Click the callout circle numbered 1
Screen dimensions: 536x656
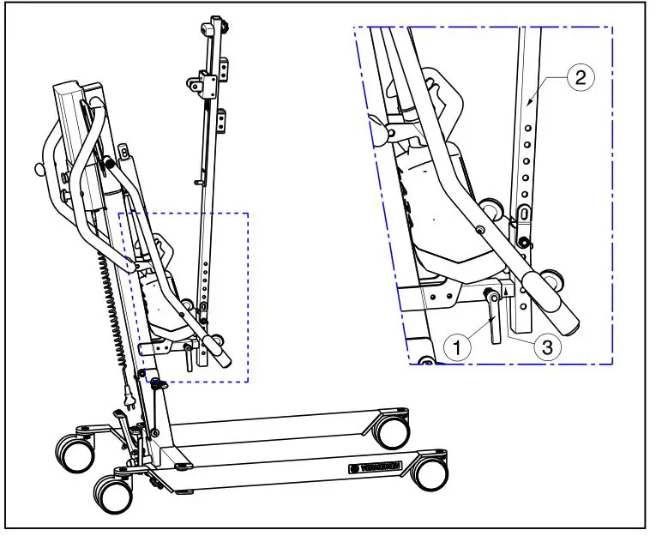[459, 346]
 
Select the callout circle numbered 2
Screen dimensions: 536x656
[580, 78]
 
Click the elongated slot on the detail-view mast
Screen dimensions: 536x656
[524, 214]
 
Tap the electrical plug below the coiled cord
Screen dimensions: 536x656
[130, 398]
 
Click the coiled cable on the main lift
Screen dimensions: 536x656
[111, 300]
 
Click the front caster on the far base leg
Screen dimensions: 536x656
[393, 431]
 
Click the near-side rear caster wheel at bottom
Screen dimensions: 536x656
[114, 493]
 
